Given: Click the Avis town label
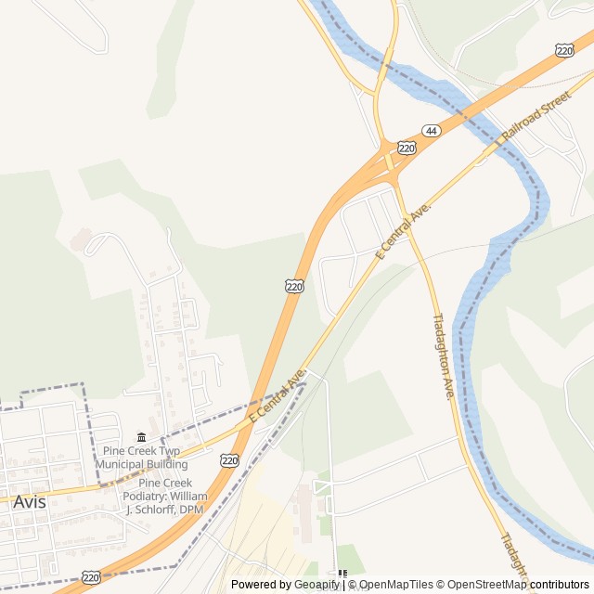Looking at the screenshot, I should point(29,501).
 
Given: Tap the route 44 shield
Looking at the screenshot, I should point(431,131).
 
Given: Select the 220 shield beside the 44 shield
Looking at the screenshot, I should point(407,147).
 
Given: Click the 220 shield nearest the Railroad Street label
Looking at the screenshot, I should point(564,50).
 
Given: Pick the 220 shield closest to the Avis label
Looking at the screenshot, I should point(90,577).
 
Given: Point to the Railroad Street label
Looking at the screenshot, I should point(536,118).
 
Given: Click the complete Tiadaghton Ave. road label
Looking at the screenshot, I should point(443,356).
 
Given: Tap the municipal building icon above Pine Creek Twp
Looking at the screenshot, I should point(141,437).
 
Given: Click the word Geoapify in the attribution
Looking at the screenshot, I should point(317,585).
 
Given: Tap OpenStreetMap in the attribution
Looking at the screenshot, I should point(483,585).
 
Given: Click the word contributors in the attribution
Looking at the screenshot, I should point(560,585).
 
